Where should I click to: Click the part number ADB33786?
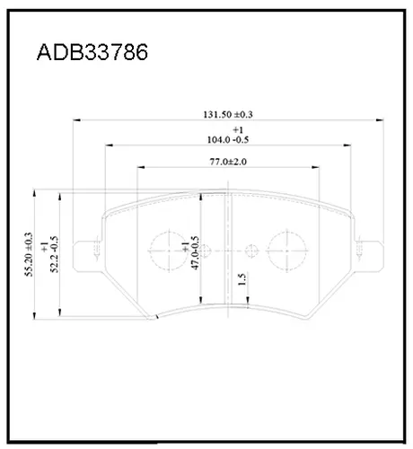92,52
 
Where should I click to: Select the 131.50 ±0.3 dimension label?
228,114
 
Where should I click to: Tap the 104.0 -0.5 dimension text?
228,140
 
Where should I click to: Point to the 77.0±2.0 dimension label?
228,162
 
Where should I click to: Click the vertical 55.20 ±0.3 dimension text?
29,254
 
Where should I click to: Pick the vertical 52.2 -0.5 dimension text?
55,254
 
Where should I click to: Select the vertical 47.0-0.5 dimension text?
195,253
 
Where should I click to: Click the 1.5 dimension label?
242,279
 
